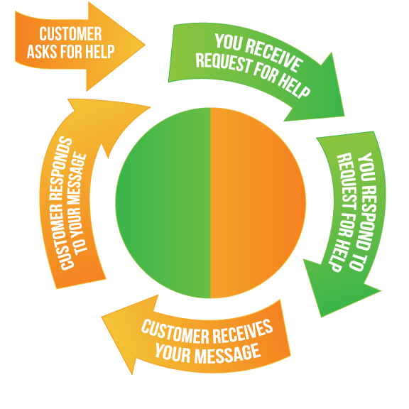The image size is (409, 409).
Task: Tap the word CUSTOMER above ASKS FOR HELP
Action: click(70, 34)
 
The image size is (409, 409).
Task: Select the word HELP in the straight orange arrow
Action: click(99, 51)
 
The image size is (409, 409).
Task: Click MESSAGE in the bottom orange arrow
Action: click(228, 354)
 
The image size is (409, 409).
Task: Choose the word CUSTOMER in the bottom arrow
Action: click(175, 332)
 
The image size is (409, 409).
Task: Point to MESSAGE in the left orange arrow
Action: click(77, 180)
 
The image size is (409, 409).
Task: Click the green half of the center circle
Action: click(163, 202)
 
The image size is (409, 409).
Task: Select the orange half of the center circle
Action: click(258, 202)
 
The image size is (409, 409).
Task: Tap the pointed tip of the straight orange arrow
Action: click(145, 45)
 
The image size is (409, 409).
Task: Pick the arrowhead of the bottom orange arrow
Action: click(123, 329)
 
